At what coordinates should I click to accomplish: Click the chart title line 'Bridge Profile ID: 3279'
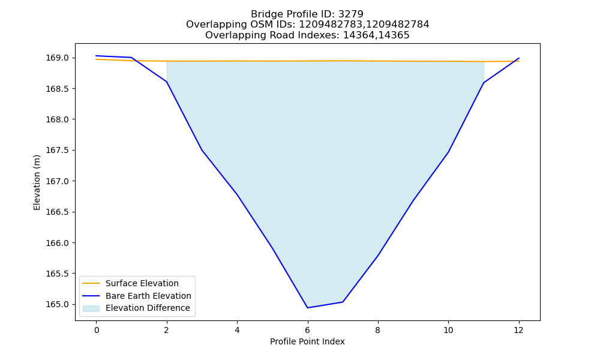(307, 14)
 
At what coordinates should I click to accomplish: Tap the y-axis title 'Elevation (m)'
(37, 182)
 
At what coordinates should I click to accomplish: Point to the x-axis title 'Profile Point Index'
(307, 341)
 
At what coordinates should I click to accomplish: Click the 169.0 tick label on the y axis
(58, 58)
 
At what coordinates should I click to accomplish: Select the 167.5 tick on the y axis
(58, 151)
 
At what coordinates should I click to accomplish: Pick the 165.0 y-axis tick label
(58, 305)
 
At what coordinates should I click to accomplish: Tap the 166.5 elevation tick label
(58, 212)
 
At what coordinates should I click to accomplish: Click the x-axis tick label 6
(307, 330)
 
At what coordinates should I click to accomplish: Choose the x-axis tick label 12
(518, 330)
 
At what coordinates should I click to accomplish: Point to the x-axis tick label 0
(97, 330)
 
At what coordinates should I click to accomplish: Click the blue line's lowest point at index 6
(307, 308)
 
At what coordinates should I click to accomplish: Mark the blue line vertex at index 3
(202, 149)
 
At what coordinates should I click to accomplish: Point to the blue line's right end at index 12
(519, 58)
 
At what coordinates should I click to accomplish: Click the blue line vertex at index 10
(448, 152)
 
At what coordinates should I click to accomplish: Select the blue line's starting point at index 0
(96, 56)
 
